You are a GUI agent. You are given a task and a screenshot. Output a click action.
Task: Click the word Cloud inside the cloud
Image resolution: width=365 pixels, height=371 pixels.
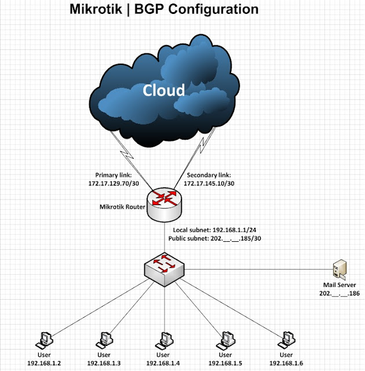(x=164, y=90)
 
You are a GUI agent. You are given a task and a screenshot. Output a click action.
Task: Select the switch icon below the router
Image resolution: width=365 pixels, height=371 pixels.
(x=165, y=268)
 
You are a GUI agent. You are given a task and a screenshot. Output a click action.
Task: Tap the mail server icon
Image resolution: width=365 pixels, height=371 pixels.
(x=340, y=270)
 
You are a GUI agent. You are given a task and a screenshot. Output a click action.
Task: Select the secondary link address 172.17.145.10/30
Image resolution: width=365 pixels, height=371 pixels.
(x=210, y=183)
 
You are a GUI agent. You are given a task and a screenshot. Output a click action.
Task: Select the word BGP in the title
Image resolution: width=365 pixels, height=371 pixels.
(x=151, y=9)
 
